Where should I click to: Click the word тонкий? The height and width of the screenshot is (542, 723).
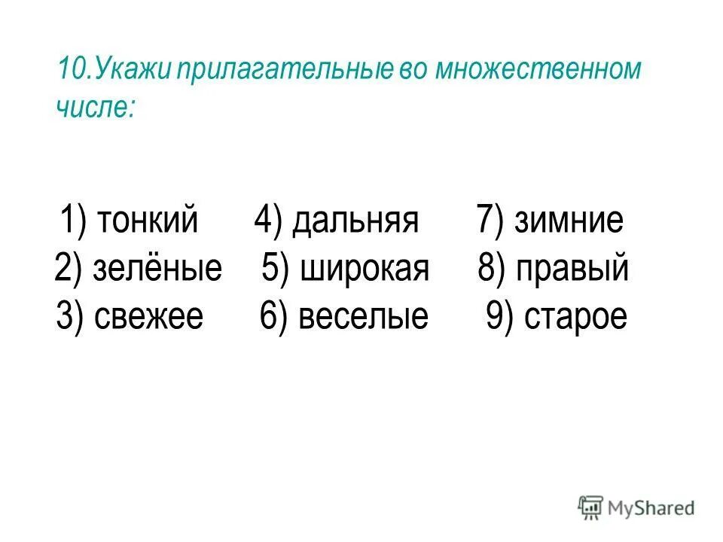(148, 221)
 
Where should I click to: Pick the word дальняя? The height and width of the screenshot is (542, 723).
(355, 221)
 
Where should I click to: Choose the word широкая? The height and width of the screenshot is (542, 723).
(365, 269)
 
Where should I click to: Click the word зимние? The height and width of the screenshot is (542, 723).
(569, 221)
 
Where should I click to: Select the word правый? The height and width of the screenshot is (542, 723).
(572, 269)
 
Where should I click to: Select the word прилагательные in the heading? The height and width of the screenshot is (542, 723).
(282, 72)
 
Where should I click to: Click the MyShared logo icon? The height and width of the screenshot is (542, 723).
(591, 508)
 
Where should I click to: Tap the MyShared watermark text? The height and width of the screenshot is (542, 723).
(651, 508)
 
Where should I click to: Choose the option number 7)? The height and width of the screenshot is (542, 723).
(492, 221)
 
